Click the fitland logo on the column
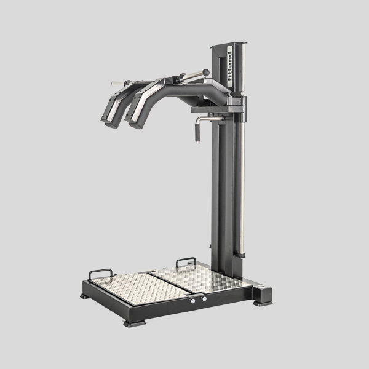(x=229, y=66)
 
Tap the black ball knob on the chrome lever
(x=206, y=73)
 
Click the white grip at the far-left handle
(x=117, y=83)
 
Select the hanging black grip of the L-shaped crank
(x=197, y=133)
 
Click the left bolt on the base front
(x=193, y=301)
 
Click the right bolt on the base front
(x=204, y=299)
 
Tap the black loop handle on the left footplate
(x=100, y=274)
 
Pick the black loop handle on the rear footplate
(x=186, y=262)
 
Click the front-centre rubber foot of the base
(x=134, y=323)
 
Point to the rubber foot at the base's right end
(x=263, y=303)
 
